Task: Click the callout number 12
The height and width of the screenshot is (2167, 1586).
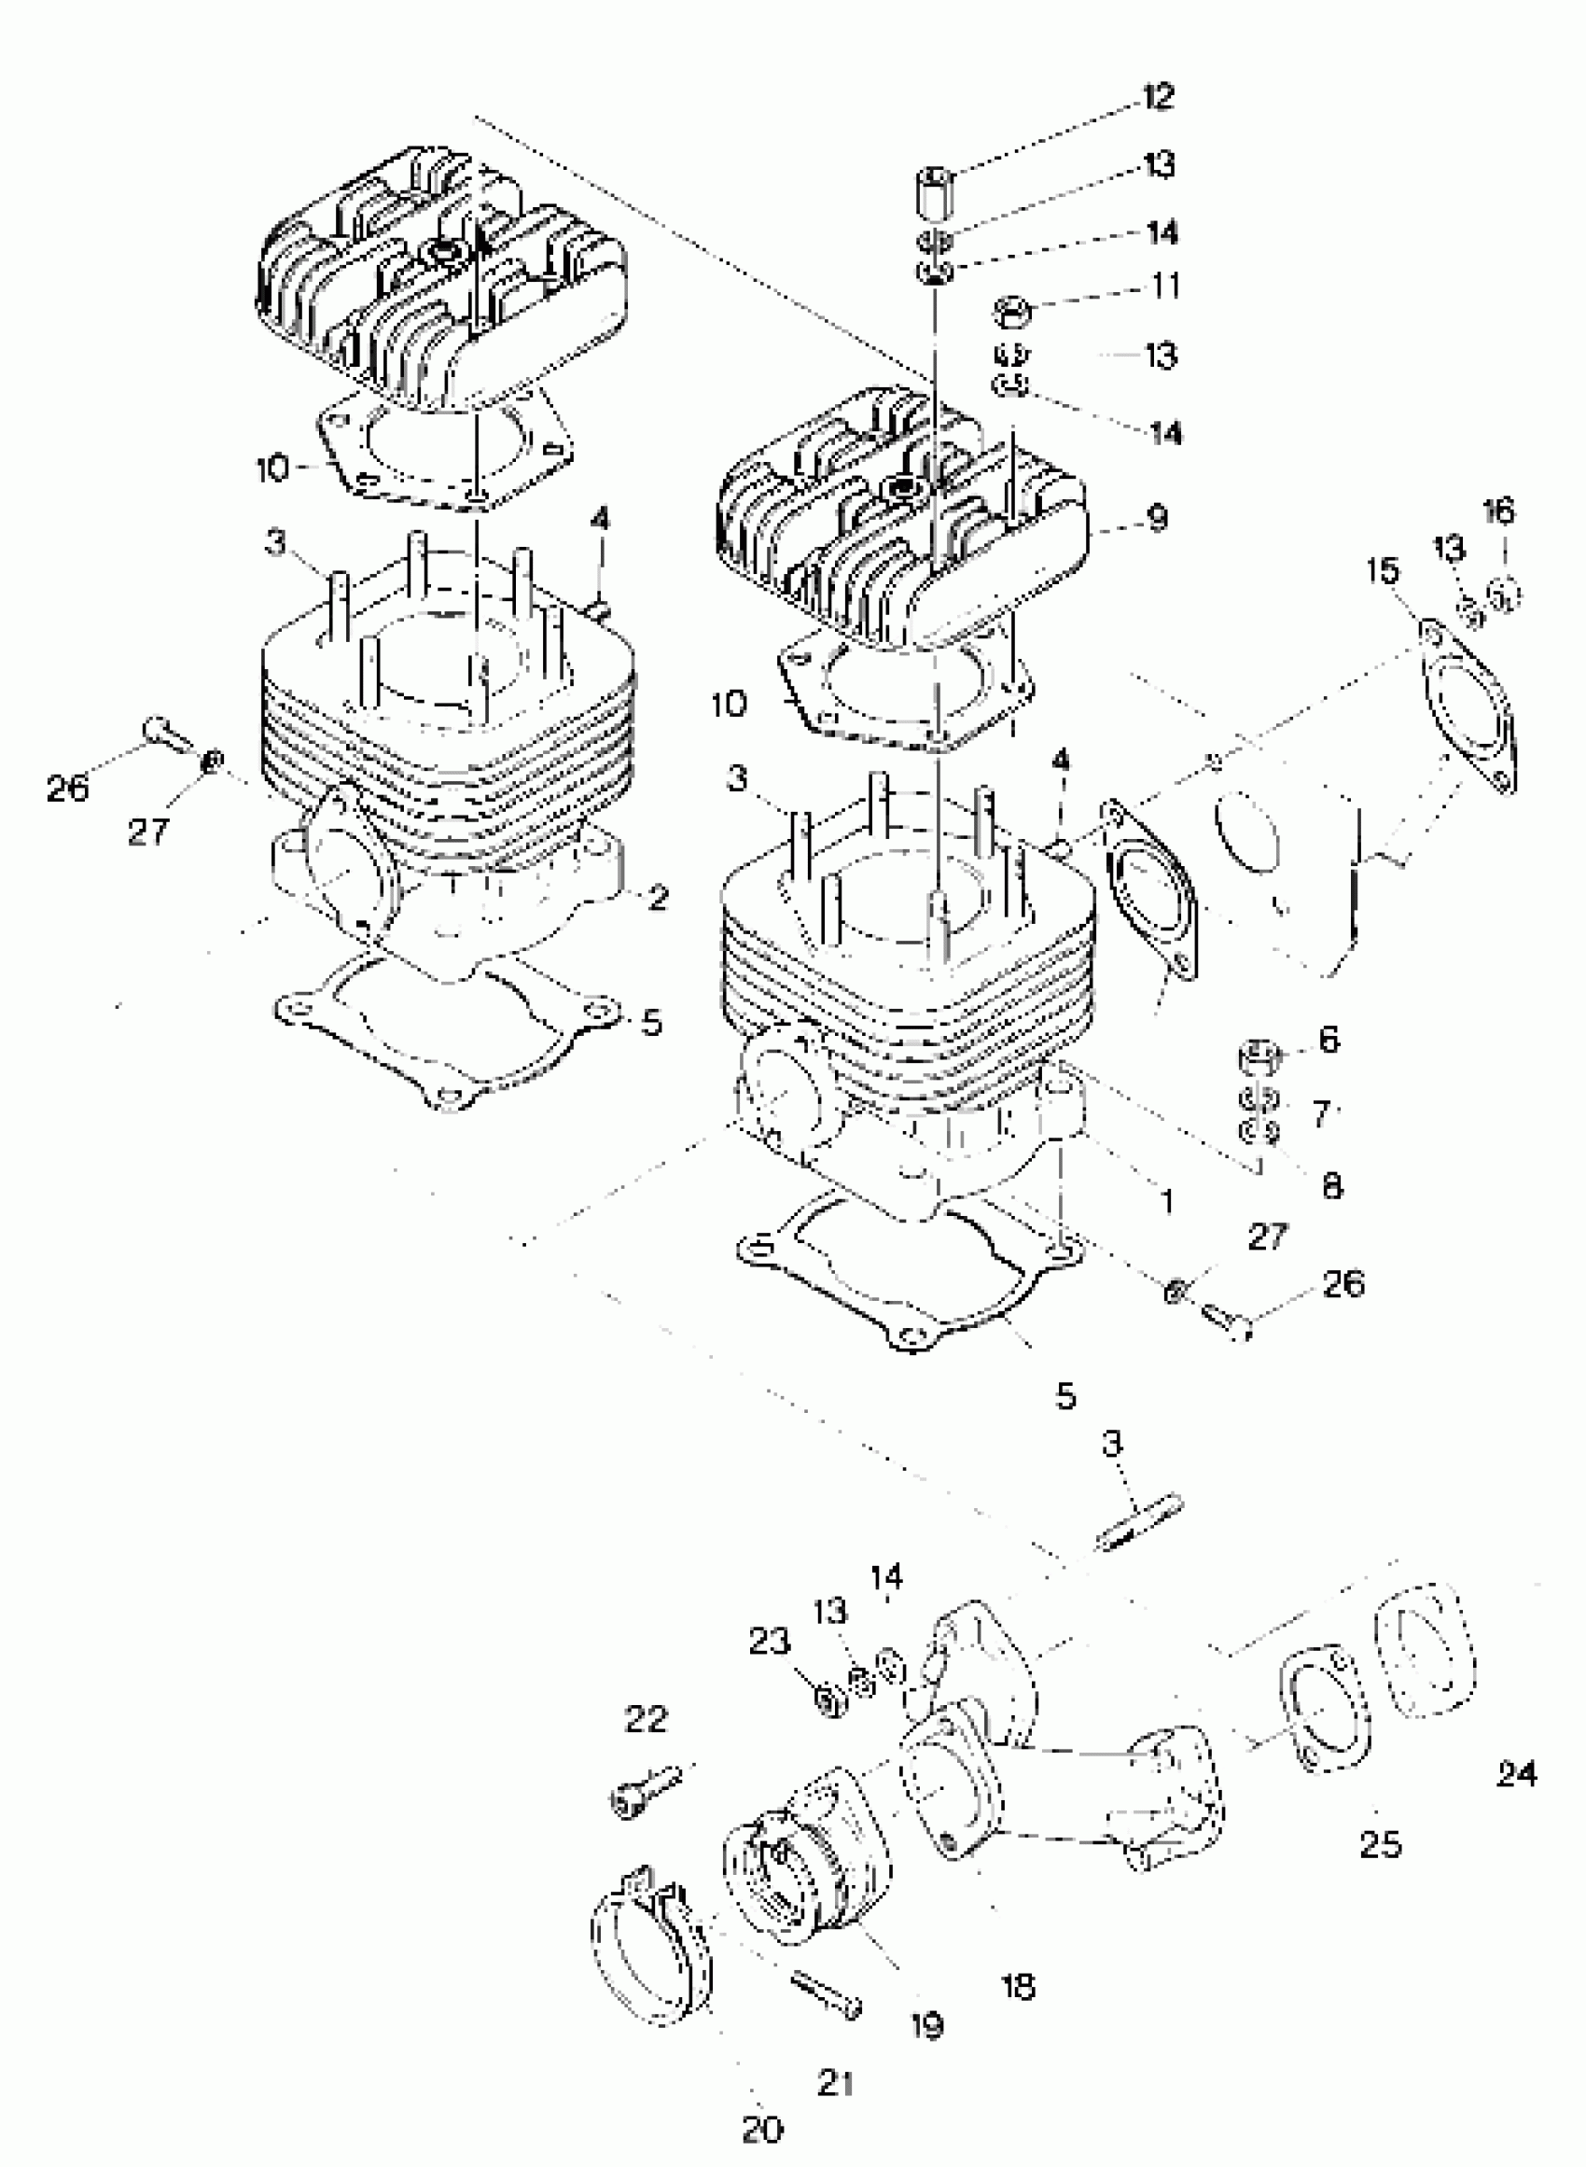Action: pyautogui.click(x=1159, y=97)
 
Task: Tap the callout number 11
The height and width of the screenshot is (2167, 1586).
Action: pyautogui.click(x=1165, y=286)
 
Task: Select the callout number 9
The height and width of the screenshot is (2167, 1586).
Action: pyautogui.click(x=1158, y=519)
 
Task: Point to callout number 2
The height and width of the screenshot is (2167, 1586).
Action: pyautogui.click(x=658, y=898)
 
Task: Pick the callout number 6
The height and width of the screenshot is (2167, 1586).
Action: pyautogui.click(x=1329, y=1039)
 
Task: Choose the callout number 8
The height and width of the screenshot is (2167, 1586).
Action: pyautogui.click(x=1331, y=1187)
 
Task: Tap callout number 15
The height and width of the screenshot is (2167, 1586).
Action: pyautogui.click(x=1384, y=571)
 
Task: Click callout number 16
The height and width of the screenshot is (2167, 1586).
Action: pyautogui.click(x=1499, y=510)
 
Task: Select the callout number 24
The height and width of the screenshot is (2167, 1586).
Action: pyautogui.click(x=1517, y=1773)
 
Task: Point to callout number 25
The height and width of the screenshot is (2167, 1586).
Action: pyautogui.click(x=1381, y=1843)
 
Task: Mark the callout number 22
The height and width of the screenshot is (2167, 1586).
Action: pyautogui.click(x=646, y=1719)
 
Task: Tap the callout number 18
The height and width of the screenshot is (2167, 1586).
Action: pyautogui.click(x=1019, y=1986)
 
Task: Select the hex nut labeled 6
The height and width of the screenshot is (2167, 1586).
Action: pyautogui.click(x=1259, y=1057)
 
